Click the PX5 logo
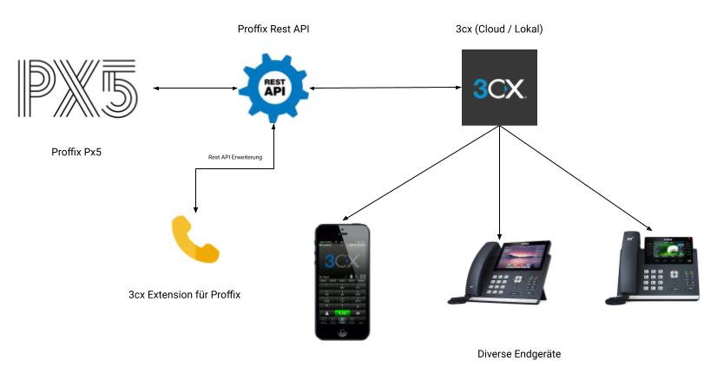tap(77, 89)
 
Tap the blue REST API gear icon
tap(273, 86)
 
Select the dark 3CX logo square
tap(498, 88)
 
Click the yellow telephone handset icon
tap(195, 238)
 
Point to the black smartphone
tap(341, 281)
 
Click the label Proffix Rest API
tap(273, 29)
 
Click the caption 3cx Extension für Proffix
tap(184, 294)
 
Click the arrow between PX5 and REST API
tap(195, 88)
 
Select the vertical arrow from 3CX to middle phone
tap(499, 182)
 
